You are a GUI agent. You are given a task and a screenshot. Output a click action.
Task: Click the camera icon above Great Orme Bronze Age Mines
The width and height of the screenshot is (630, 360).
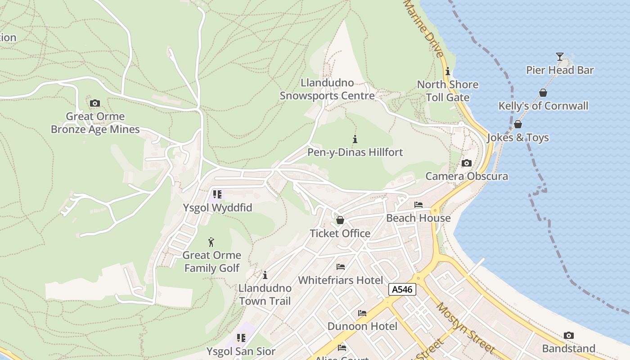tap(94, 103)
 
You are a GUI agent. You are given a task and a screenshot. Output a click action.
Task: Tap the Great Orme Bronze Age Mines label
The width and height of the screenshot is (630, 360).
tap(95, 123)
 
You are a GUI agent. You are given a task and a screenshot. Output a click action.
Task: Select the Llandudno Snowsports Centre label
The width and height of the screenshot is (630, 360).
tap(327, 90)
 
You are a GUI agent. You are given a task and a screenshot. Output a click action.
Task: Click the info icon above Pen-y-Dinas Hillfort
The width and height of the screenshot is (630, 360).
tap(355, 139)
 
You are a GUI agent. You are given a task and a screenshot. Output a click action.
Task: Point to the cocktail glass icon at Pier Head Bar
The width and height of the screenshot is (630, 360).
tap(559, 57)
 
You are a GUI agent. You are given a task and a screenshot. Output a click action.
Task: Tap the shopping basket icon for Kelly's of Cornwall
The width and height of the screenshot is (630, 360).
tap(543, 93)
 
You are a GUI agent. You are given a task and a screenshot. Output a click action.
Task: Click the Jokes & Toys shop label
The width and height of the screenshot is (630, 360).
tap(518, 138)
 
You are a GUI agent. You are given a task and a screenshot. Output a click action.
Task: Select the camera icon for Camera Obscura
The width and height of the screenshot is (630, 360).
tap(467, 163)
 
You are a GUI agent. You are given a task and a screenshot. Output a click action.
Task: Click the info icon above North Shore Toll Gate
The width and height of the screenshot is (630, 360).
tap(447, 72)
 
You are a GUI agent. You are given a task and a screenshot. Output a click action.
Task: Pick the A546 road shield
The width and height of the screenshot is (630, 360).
tap(402, 290)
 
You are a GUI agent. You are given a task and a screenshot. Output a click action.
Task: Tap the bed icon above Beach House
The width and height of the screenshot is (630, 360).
tap(418, 205)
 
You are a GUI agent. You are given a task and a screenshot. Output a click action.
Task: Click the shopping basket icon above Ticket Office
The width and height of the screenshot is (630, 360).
tap(340, 220)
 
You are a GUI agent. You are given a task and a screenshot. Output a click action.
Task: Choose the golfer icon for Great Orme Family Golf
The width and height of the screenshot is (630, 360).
tap(211, 242)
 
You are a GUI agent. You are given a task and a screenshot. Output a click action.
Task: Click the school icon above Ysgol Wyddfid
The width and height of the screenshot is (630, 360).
tap(217, 194)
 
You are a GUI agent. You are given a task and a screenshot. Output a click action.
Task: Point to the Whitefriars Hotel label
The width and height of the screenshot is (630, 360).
tap(341, 280)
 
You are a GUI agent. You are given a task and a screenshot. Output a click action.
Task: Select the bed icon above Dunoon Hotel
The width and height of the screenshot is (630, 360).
tap(362, 313)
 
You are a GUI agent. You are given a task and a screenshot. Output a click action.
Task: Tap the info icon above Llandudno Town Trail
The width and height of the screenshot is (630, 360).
tap(265, 275)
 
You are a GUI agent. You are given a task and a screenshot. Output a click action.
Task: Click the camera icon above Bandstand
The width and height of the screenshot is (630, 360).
tap(568, 336)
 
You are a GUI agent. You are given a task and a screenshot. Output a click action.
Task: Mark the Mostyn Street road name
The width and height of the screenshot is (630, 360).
tap(466, 328)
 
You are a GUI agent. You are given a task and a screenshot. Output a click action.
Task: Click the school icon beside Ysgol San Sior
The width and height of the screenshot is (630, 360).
tap(241, 337)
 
